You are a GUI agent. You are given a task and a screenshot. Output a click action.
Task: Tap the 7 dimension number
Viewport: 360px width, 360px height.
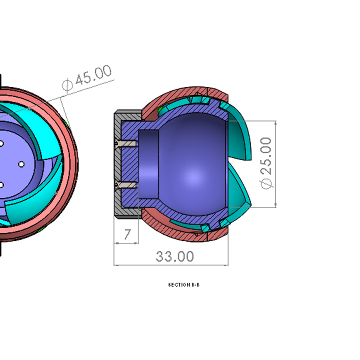coord(127,234)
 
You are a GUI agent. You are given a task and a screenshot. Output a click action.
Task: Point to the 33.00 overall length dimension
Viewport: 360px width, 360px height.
coord(174,256)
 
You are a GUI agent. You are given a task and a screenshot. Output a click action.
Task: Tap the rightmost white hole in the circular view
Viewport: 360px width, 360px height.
coord(21,164)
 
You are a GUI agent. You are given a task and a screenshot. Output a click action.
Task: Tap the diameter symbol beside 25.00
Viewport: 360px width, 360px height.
coord(267,183)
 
